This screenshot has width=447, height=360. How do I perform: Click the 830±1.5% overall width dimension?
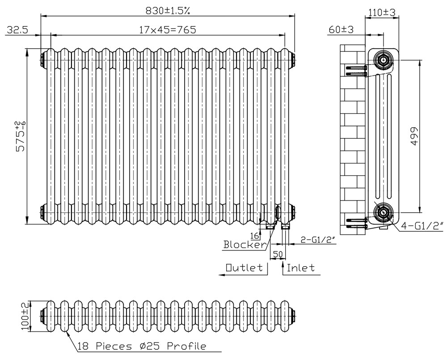click(168, 11)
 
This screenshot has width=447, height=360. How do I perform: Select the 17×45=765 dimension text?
click(168, 29)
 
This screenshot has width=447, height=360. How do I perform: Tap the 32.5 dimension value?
click(17, 30)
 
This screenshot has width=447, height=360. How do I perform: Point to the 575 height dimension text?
click(21, 136)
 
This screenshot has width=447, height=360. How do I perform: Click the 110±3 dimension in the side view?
click(382, 13)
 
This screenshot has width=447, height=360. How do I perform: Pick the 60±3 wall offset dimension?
click(341, 29)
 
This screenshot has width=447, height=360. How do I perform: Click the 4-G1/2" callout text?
click(422, 226)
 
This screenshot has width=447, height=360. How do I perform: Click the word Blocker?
click(245, 245)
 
